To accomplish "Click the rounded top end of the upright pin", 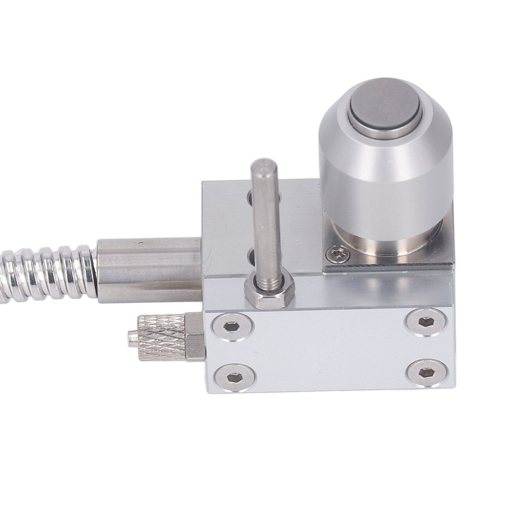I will point(261,168).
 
